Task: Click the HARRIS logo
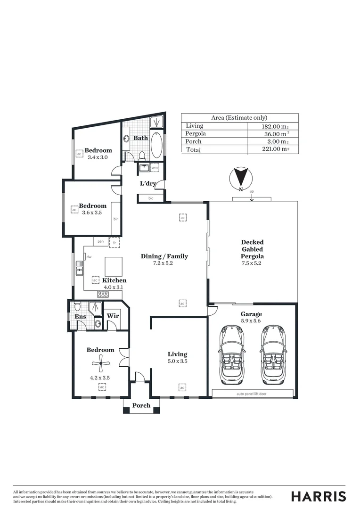(x=319, y=496)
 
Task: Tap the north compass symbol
(x=240, y=178)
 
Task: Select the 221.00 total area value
(x=275, y=149)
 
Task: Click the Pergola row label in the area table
(x=196, y=133)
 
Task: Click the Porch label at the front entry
(x=141, y=405)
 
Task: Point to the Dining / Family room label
(x=164, y=256)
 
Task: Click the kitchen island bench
(x=113, y=266)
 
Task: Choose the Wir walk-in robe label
(x=113, y=316)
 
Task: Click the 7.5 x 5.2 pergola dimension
(x=252, y=263)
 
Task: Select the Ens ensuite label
(x=81, y=316)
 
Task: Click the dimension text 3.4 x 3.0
(x=98, y=157)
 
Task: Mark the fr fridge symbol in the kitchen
(x=114, y=242)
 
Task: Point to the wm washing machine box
(x=155, y=167)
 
